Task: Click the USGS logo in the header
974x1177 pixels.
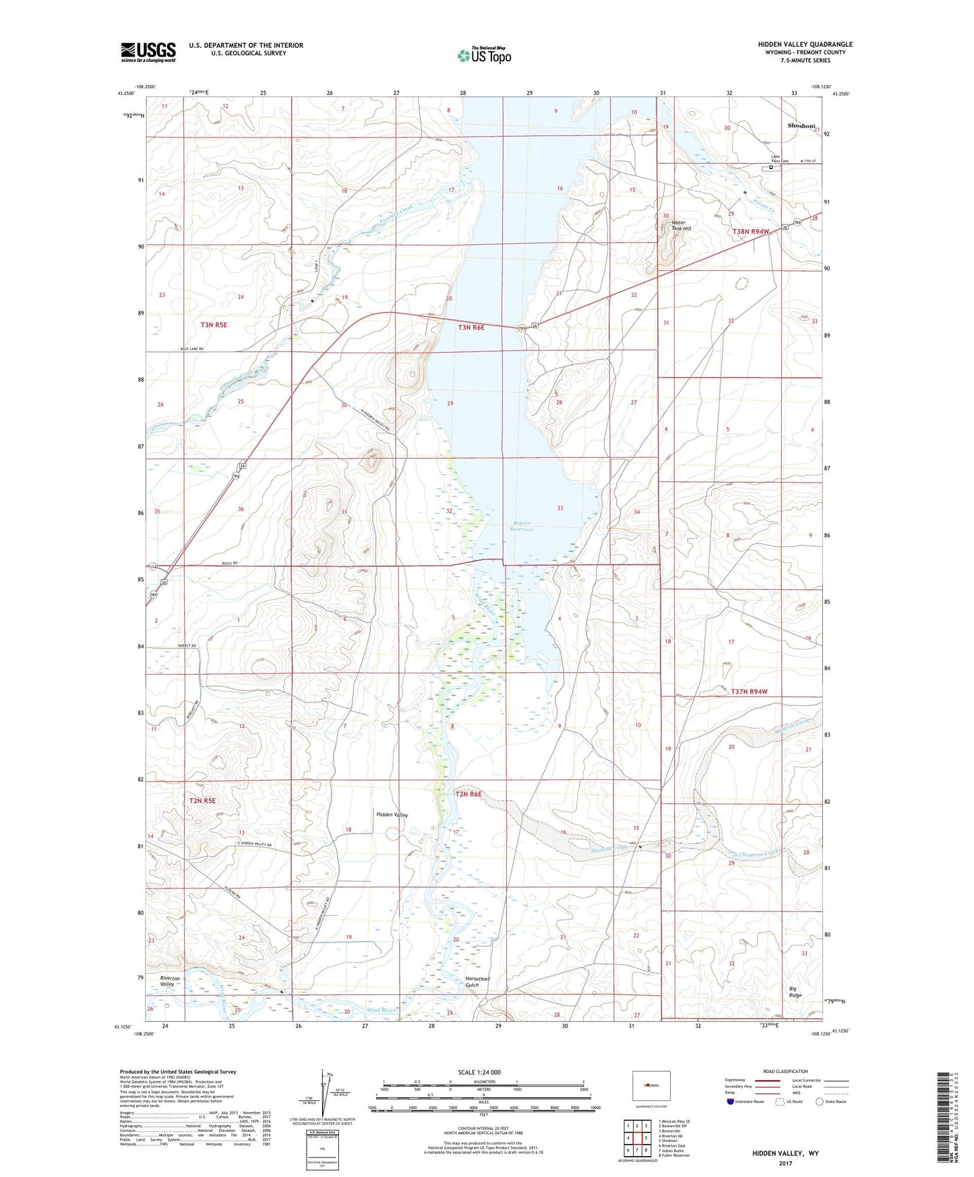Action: point(148,52)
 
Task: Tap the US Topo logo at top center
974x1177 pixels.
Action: point(484,55)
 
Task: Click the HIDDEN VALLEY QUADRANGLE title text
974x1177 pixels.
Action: point(805,44)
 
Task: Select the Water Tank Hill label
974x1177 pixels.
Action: point(677,226)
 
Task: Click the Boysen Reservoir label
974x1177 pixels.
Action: point(522,526)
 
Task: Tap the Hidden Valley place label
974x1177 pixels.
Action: point(392,815)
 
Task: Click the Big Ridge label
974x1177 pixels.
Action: point(795,992)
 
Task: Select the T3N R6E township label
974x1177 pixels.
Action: point(471,328)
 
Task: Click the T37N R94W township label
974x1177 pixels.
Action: point(749,692)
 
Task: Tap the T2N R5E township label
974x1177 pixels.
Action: point(202,800)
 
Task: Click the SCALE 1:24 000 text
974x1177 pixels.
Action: point(479,1073)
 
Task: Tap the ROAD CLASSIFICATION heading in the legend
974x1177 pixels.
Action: point(786,1071)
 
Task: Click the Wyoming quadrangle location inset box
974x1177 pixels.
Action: point(650,1086)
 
